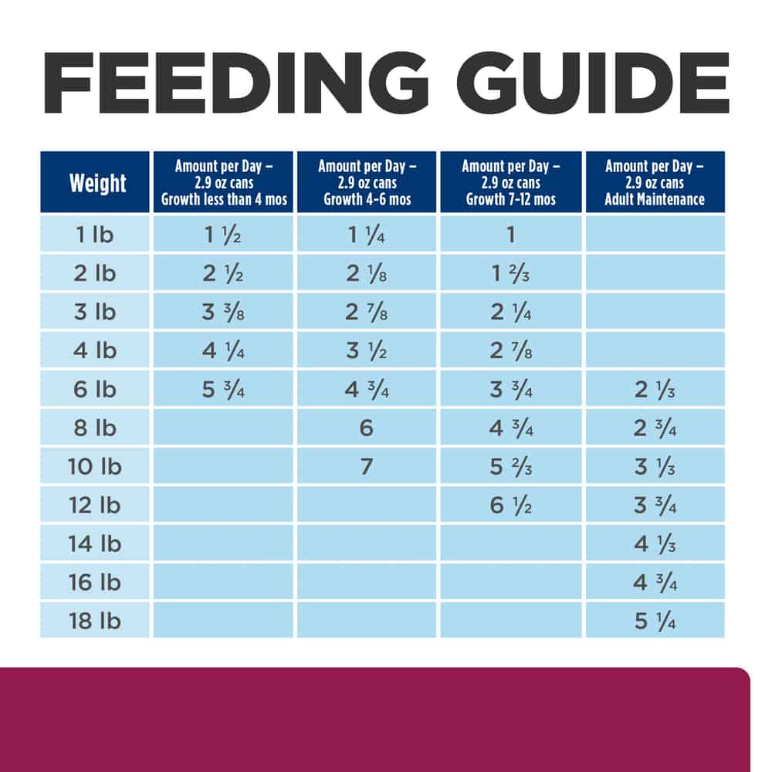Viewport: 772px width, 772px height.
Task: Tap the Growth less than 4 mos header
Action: [x=223, y=182]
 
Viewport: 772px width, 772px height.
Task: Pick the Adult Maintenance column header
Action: [x=655, y=182]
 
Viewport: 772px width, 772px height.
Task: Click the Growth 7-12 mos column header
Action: [x=510, y=182]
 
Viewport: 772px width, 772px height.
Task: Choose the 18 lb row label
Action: [x=95, y=621]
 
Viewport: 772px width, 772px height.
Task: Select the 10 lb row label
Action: [x=95, y=466]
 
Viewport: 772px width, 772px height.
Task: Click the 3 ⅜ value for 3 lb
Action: [x=222, y=312]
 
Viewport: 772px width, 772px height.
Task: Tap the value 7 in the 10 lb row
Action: [x=367, y=466]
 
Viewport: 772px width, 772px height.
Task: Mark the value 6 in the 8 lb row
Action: [x=367, y=428]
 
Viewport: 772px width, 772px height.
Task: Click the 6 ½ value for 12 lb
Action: [x=510, y=505]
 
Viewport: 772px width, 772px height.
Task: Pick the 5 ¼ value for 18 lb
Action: [x=655, y=621]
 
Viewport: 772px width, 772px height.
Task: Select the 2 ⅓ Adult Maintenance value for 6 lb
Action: [x=655, y=389]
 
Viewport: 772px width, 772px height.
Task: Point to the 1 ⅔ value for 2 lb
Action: [x=510, y=273]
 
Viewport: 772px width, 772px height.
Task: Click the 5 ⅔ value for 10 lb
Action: [x=510, y=466]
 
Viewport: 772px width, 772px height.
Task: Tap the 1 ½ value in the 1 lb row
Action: [x=222, y=235]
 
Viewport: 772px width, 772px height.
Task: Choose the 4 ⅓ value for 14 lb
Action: [x=655, y=543]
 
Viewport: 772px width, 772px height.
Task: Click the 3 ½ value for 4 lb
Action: [x=367, y=350]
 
